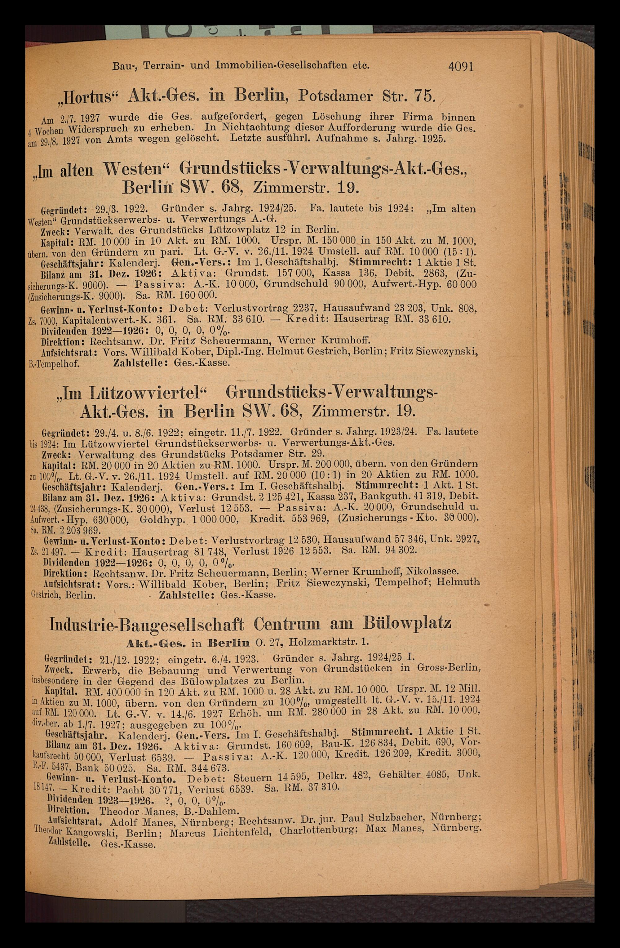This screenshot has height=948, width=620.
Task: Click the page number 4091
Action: click(x=461, y=66)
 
